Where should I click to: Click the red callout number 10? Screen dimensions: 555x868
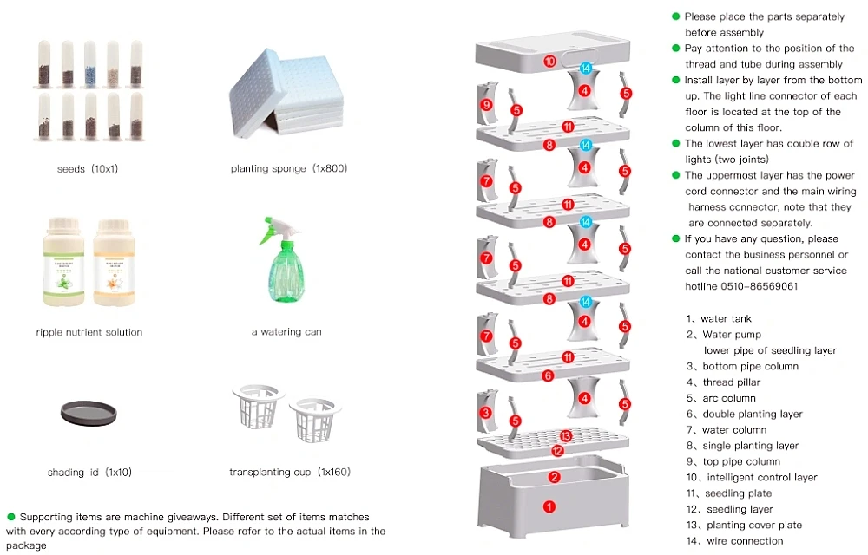point(549,62)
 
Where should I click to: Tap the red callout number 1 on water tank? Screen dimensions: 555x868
point(549,506)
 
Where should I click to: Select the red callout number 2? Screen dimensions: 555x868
point(555,476)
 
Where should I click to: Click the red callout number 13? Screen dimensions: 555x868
point(566,436)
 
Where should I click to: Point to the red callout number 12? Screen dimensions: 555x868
point(558,450)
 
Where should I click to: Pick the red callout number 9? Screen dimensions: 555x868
point(486,105)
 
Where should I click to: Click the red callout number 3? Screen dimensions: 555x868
point(486,413)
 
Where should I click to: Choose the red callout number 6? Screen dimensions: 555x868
point(548,375)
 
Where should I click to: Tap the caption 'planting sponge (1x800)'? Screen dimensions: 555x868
point(289,168)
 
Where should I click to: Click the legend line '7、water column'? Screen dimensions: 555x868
point(726,430)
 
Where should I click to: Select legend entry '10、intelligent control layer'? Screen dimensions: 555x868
point(751,478)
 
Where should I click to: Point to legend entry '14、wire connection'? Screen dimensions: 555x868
point(733,541)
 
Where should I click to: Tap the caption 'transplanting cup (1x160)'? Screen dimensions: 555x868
point(290,473)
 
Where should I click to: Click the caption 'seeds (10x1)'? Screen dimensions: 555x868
point(87,168)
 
